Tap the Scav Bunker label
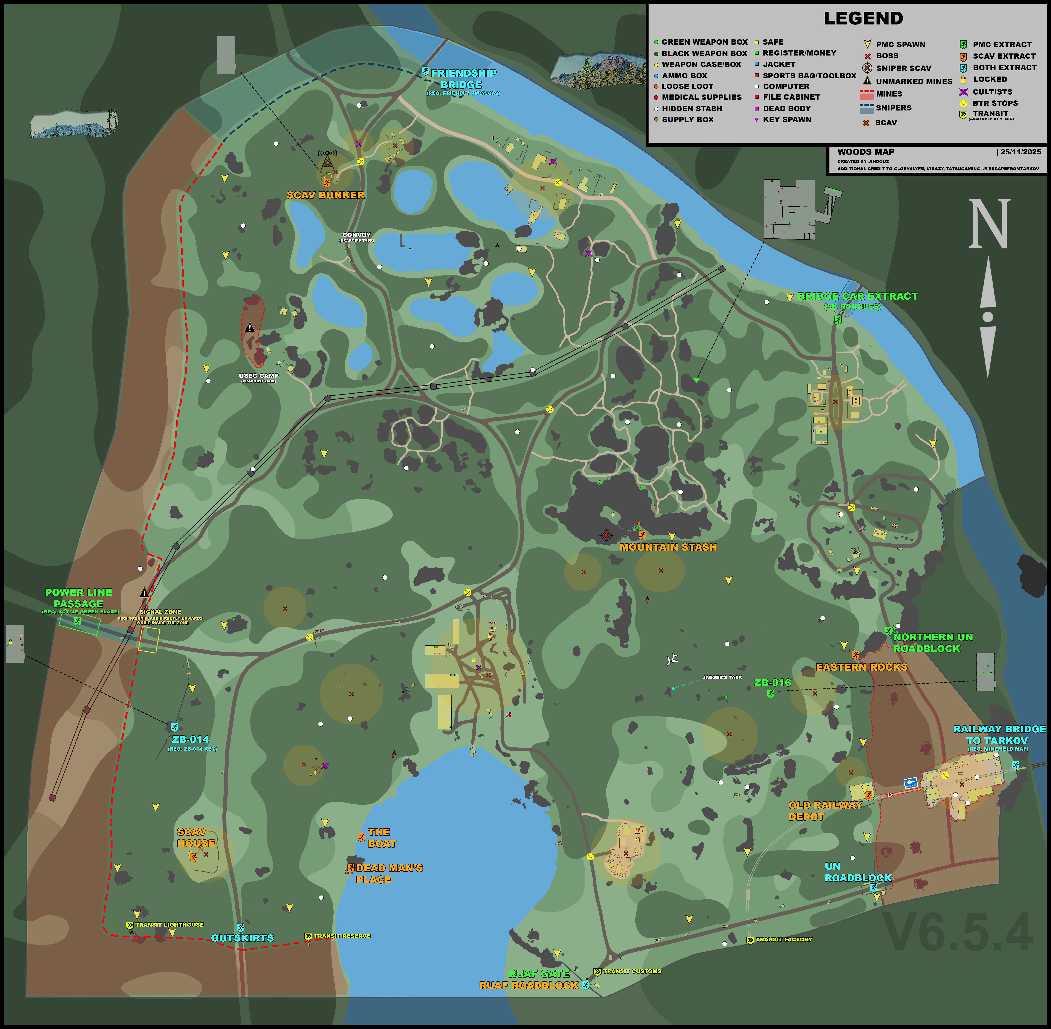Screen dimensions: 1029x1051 point(325,195)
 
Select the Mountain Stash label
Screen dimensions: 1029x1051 point(668,547)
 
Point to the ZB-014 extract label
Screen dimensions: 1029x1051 point(190,739)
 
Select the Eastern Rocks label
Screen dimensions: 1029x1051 point(861,667)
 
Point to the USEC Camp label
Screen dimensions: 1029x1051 point(259,376)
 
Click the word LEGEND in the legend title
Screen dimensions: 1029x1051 point(863,18)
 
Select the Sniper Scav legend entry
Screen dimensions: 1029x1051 point(903,68)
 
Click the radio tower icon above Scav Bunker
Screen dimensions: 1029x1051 point(327,160)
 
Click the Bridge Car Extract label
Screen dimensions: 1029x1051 point(857,296)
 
